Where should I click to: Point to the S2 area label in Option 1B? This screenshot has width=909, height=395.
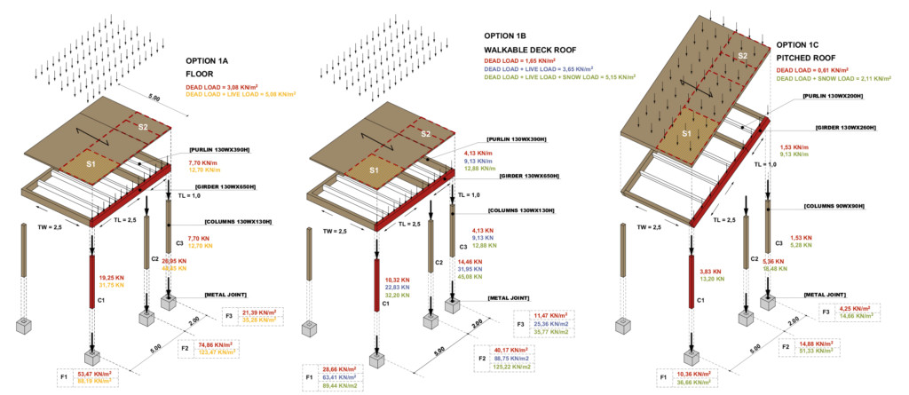424,134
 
